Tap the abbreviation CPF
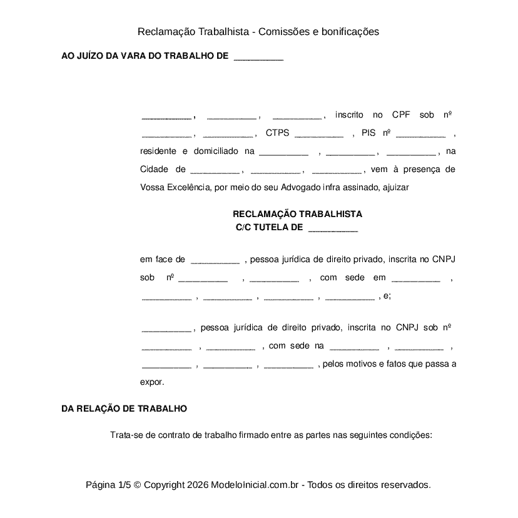400,115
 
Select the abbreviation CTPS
277,133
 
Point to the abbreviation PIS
368,133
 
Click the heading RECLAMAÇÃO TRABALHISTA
297,214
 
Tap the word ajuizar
395,187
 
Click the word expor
152,381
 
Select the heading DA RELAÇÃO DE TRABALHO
124,409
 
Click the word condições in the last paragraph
411,435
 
